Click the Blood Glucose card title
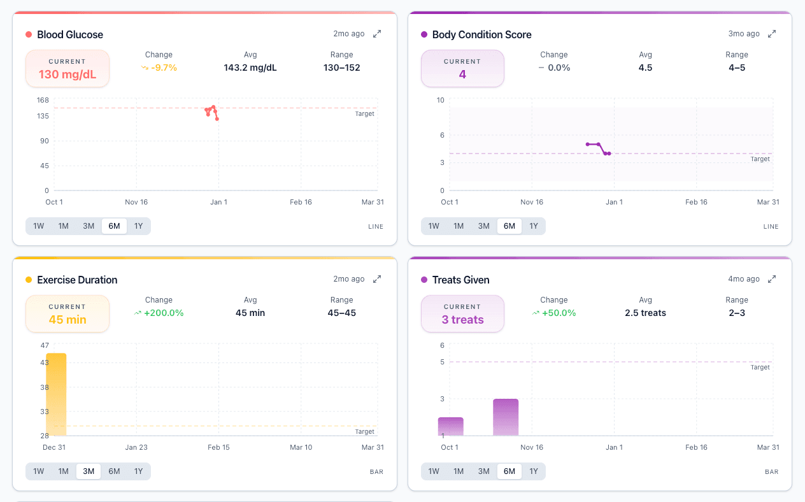[70, 34]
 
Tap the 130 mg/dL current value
[68, 75]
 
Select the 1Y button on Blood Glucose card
[138, 226]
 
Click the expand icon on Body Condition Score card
[772, 34]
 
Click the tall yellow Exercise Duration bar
[56, 394]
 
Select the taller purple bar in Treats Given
[506, 417]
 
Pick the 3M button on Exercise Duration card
[89, 471]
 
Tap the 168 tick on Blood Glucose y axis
[43, 100]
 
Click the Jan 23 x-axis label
[136, 447]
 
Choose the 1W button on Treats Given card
[434, 471]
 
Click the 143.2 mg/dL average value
[250, 68]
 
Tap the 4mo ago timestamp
[744, 279]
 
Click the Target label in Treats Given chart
[760, 368]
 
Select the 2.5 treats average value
[645, 313]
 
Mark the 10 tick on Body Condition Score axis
[440, 100]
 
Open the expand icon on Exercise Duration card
[377, 279]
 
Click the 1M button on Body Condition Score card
[459, 226]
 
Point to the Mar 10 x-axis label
[301, 447]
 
